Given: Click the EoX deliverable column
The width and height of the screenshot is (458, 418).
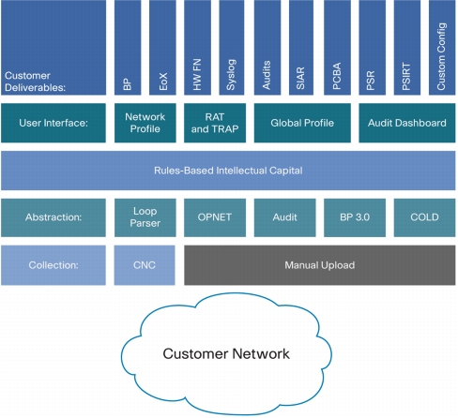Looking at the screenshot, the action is pos(162,47).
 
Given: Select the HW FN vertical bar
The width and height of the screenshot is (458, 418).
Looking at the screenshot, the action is pos(197,47).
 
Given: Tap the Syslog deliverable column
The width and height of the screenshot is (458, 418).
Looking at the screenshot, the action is pos(232,47).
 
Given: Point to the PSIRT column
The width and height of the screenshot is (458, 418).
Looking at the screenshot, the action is pos(407,47).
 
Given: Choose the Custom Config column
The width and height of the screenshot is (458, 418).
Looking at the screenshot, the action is pos(442,47).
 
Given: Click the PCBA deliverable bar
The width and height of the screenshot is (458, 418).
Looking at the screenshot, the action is pos(337,47).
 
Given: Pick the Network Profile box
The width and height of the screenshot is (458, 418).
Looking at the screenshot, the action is pos(145,123).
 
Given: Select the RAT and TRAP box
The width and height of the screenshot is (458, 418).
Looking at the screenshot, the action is pos(215,123).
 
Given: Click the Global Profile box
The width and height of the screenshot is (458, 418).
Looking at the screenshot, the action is pos(302,123).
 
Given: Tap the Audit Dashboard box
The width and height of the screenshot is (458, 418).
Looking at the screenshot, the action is pos(407,123).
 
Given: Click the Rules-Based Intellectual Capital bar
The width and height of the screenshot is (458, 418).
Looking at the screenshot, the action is pos(228,171).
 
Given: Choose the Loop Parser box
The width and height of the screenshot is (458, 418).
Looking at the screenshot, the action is pos(145,217).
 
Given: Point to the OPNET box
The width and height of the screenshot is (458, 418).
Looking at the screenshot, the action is pos(215,217).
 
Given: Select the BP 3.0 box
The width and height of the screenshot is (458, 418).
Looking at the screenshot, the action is pos(355,217).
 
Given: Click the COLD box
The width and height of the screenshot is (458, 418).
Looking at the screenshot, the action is pos(424,217).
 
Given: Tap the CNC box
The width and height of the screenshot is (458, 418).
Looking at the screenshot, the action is pos(145,265).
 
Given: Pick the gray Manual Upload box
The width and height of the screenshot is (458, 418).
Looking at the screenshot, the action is pos(320,265).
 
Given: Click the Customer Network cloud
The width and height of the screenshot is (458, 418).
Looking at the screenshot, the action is pos(226,354).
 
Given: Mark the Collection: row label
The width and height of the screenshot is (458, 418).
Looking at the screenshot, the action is pos(53,265).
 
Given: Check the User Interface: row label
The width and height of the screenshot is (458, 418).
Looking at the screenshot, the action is pos(53,123).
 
